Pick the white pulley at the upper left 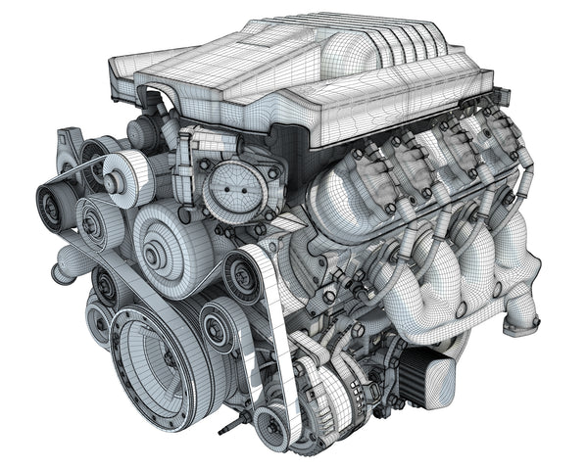point(119,176)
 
